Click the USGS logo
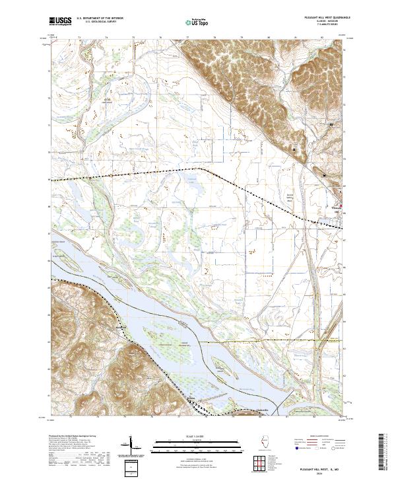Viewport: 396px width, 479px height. [x=60, y=22]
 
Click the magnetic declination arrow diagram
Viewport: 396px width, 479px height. [x=130, y=447]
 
